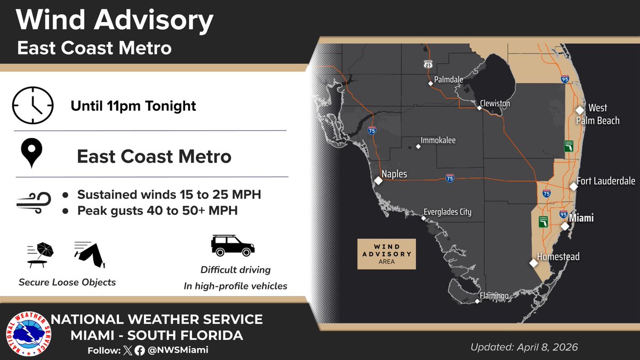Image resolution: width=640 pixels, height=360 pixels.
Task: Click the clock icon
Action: [33, 105]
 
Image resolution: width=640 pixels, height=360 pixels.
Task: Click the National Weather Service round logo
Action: [26, 334]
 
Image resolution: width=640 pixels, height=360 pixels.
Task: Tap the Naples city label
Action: [395, 174]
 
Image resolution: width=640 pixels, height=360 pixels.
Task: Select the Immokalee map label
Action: [438, 141]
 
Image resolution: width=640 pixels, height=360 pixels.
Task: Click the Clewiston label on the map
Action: [495, 103]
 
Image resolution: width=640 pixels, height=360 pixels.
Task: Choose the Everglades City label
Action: [447, 212]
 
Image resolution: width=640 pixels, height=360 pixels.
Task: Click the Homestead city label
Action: [558, 257]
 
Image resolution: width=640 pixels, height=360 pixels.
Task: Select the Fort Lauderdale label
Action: [606, 181]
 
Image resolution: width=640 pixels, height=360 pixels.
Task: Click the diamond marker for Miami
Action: [565, 226]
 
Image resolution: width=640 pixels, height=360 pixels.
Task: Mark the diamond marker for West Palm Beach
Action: [580, 110]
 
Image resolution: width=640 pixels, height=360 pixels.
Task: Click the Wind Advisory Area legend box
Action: [386, 254]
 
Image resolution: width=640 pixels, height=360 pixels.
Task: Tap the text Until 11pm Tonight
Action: [133, 106]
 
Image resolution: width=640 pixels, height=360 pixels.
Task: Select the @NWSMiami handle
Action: [178, 350]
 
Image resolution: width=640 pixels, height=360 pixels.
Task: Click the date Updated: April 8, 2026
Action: [524, 347]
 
